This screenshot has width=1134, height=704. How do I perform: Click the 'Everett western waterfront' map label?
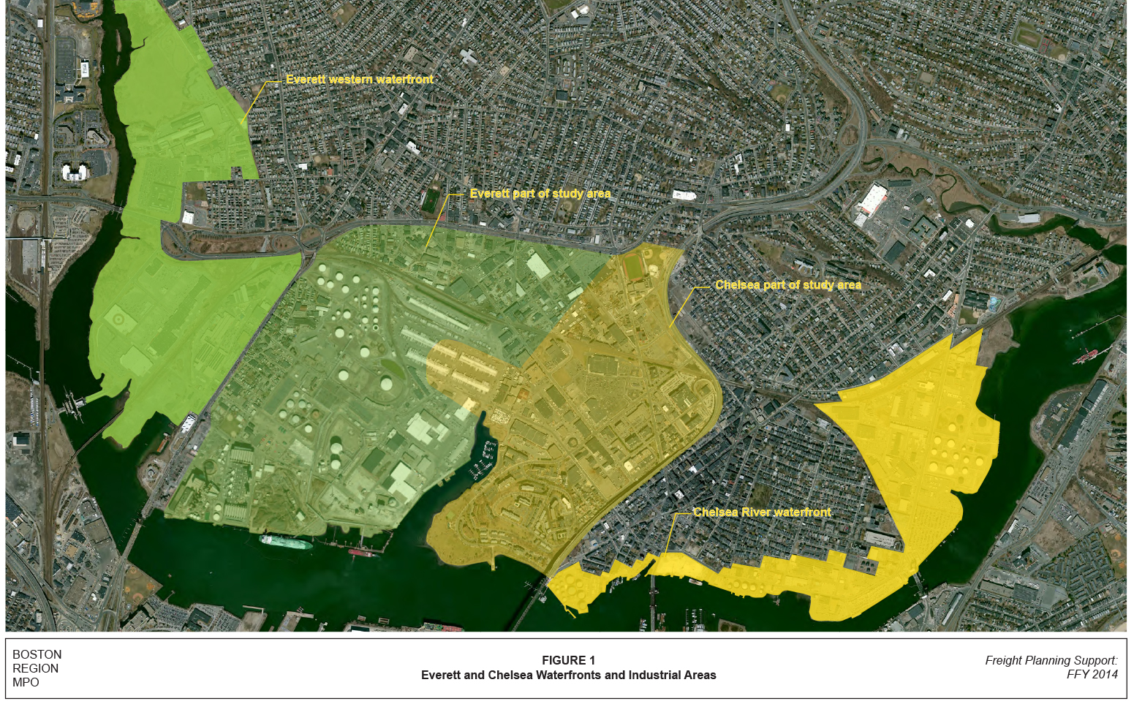(359, 79)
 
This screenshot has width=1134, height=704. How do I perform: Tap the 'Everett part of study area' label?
(540, 194)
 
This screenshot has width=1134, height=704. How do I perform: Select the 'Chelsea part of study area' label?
(787, 285)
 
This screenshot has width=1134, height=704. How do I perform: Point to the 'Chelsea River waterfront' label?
(762, 512)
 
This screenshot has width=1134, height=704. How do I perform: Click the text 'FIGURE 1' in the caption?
(568, 660)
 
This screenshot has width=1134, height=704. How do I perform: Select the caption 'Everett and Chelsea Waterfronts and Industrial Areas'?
(568, 675)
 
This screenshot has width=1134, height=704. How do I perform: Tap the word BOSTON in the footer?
(37, 654)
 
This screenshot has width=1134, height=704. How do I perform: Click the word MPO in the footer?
(26, 682)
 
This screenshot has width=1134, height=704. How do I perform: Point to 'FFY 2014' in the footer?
(1092, 674)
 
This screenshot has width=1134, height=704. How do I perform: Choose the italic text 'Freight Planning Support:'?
(1051, 660)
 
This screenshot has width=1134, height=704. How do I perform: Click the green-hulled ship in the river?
(286, 542)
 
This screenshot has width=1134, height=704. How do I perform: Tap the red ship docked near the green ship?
(363, 553)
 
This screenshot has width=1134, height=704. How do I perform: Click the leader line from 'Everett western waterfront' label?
(254, 102)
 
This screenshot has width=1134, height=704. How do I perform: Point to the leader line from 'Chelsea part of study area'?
(683, 306)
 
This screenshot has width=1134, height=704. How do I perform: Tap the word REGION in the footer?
(35, 668)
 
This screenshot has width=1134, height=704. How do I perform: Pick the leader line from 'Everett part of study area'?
(436, 222)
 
